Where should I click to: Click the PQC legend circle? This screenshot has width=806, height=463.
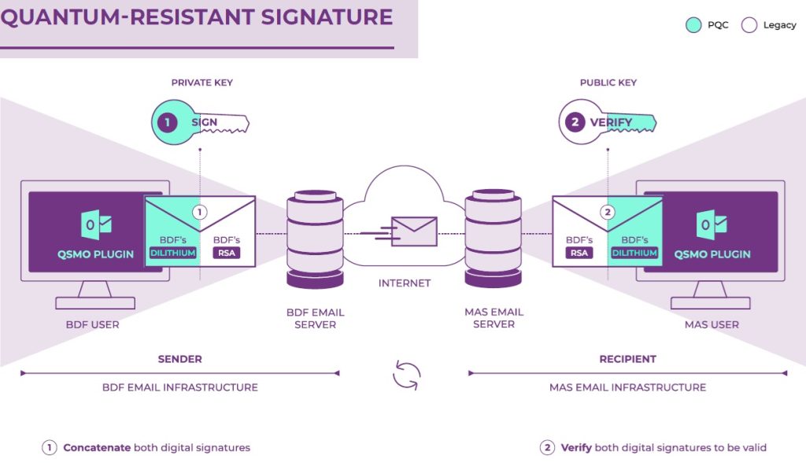click(x=693, y=25)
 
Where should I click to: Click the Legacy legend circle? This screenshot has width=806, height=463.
click(x=749, y=25)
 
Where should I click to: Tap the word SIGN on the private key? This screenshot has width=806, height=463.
click(x=204, y=122)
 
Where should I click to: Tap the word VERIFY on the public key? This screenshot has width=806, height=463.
click(x=611, y=122)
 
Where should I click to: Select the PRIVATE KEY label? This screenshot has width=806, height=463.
click(x=202, y=83)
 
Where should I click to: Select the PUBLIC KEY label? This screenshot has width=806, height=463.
click(x=608, y=83)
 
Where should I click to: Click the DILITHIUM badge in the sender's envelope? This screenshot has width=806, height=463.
click(x=172, y=254)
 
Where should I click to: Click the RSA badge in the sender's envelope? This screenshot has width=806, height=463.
click(x=227, y=254)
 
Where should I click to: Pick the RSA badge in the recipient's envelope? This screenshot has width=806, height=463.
click(x=579, y=254)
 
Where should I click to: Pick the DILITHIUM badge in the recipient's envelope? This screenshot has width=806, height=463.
click(x=634, y=254)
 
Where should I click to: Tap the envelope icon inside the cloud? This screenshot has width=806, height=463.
click(x=414, y=231)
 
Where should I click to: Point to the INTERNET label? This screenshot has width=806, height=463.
click(x=405, y=283)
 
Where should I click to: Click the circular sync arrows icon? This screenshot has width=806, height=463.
click(x=407, y=375)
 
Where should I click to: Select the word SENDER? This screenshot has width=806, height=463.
click(x=180, y=359)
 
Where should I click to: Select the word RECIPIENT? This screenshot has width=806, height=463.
click(x=627, y=359)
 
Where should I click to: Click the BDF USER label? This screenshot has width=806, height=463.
click(x=93, y=324)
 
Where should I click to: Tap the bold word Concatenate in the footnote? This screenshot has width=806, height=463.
click(x=97, y=447)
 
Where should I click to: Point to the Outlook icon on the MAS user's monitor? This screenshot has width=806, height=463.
click(x=712, y=225)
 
